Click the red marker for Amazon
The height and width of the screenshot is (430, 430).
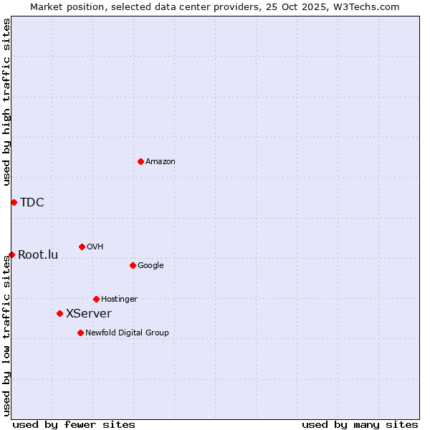[140, 161]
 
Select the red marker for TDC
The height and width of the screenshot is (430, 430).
[14, 202]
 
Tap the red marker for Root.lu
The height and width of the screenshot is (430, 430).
[11, 254]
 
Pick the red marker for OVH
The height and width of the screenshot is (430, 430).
[82, 247]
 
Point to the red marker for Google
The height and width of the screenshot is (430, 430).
[133, 265]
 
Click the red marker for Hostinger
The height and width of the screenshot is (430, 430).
[96, 299]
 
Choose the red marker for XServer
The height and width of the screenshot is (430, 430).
[59, 313]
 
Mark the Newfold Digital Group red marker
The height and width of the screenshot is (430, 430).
[80, 333]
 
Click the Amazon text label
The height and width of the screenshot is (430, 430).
[161, 162]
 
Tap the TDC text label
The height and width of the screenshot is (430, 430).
[32, 202]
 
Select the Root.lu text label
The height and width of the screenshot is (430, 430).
[38, 255]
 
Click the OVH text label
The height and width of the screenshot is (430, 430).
[95, 247]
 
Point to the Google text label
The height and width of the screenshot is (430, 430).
[150, 266]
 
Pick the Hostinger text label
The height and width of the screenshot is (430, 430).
[119, 300]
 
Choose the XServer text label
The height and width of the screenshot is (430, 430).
[89, 314]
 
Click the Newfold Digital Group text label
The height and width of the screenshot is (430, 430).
[127, 333]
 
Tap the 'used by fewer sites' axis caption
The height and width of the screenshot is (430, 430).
[74, 424]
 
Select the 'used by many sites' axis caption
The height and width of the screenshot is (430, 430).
[360, 424]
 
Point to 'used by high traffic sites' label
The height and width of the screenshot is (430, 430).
[6, 102]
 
